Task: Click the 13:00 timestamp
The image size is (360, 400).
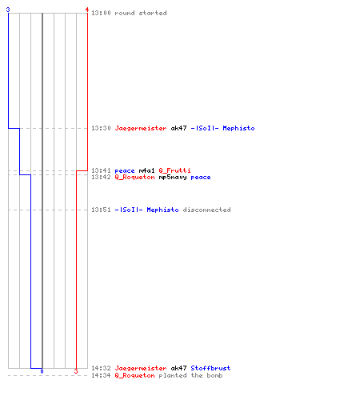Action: [x=101, y=13]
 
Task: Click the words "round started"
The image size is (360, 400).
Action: [x=141, y=13]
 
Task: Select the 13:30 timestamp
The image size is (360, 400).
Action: [x=101, y=128]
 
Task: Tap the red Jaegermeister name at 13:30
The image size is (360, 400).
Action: [x=141, y=129]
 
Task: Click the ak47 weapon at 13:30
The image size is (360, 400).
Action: [x=178, y=128]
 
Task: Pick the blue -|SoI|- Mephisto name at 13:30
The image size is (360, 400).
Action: [x=222, y=128]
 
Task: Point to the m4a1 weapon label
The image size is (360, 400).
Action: [x=146, y=170]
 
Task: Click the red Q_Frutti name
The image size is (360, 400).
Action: [x=174, y=170]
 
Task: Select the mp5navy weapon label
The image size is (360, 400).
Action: [x=173, y=178]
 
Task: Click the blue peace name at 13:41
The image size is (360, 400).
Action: [x=125, y=171]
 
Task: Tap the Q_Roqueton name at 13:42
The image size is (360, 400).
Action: [x=134, y=178]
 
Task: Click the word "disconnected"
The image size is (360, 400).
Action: [x=206, y=210]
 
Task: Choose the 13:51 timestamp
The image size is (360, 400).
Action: [x=101, y=210]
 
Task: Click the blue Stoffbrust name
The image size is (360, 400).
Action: [x=210, y=368]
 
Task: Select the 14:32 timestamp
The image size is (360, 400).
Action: [x=101, y=368]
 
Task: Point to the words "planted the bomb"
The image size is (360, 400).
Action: [x=190, y=375]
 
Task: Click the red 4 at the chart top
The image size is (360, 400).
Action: [x=87, y=10]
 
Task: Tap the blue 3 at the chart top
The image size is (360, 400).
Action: [x=8, y=10]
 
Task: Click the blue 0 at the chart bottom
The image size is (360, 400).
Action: [x=42, y=371]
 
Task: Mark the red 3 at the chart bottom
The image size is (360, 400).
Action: [x=76, y=371]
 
